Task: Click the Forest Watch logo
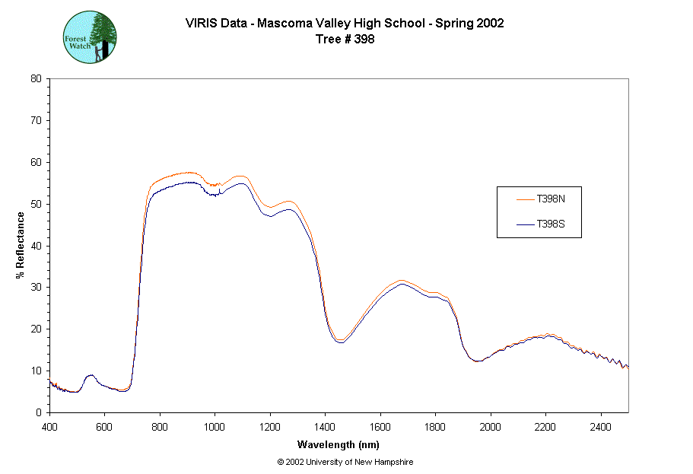90,37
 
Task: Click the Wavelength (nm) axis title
339,444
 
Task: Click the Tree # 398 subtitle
345,40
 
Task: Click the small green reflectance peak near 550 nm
91,375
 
